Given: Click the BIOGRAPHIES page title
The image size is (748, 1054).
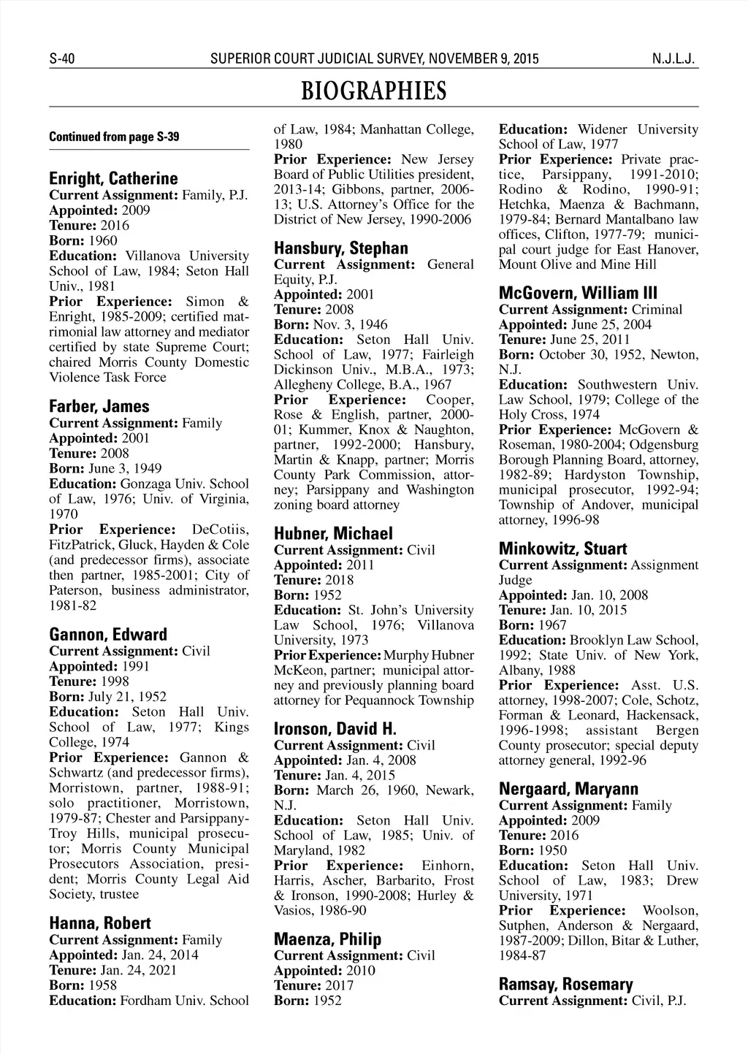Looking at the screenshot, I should tap(373, 91).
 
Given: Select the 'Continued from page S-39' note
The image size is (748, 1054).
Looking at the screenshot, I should tap(114, 137).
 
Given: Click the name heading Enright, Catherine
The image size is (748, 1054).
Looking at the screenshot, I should tap(113, 179).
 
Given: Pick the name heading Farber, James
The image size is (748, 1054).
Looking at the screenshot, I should tap(99, 407).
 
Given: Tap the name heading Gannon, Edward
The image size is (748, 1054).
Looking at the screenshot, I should tap(108, 635).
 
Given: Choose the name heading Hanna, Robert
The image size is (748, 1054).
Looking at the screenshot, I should tap(100, 923).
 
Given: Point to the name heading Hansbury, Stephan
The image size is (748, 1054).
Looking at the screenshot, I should tap(341, 248).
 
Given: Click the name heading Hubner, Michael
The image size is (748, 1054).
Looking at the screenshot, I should tap(333, 534).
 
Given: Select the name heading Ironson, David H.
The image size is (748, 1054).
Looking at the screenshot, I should tap(335, 729).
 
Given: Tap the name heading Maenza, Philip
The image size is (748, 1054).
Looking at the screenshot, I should tap(327, 939).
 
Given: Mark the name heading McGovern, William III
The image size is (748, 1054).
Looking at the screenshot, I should tap(568, 294).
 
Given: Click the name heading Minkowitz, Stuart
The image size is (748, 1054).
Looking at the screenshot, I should tap(562, 549).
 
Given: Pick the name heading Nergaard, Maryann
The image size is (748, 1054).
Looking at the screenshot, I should tap(568, 789).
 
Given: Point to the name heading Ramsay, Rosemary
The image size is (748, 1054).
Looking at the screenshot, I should tap(565, 985).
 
